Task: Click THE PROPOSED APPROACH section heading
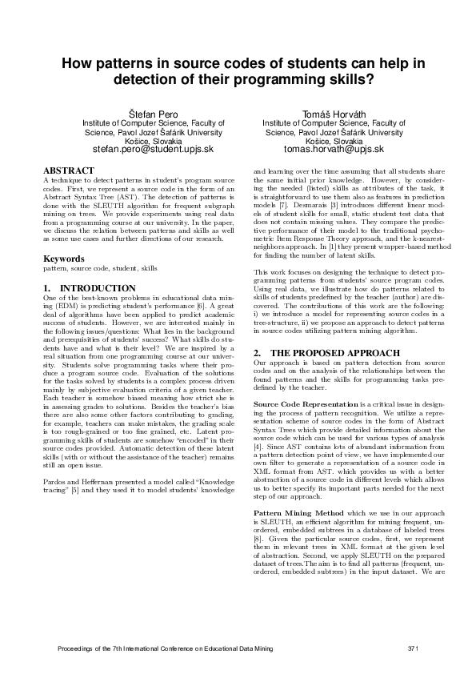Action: tap(322, 353)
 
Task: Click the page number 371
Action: tap(413, 648)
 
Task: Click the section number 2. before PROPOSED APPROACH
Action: tap(258, 353)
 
